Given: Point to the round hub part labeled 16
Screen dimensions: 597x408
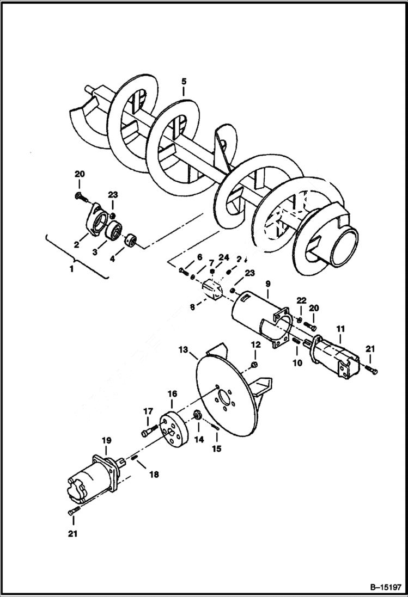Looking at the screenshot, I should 174,429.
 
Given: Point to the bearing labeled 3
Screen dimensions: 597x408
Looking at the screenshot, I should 114,231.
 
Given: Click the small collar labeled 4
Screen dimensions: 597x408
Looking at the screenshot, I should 131,240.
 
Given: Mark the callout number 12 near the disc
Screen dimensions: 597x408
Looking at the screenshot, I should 254,344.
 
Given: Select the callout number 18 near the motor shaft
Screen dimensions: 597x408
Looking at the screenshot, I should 154,475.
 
